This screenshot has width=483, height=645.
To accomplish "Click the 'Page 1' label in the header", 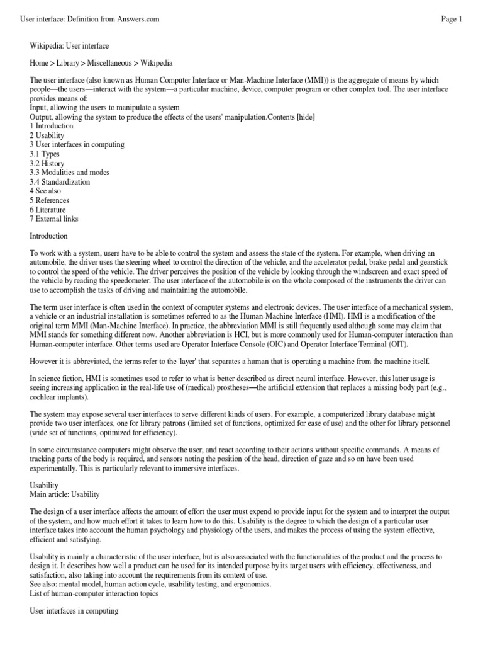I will [451, 20].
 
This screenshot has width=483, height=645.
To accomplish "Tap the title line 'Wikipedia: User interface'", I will [69, 46].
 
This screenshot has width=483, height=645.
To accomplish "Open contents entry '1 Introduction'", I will [52, 127].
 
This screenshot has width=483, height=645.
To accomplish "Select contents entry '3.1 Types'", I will [45, 154].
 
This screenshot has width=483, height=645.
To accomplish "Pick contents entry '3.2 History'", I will [47, 164].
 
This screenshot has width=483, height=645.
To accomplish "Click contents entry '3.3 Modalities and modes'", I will [69, 173].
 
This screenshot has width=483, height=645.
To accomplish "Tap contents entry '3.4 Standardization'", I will [60, 182].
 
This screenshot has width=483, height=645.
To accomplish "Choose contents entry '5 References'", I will [50, 200].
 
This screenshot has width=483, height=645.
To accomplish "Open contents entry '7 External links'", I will [54, 219].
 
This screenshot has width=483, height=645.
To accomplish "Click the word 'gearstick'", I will [431, 263].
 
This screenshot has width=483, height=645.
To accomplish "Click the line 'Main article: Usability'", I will [65, 495].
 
